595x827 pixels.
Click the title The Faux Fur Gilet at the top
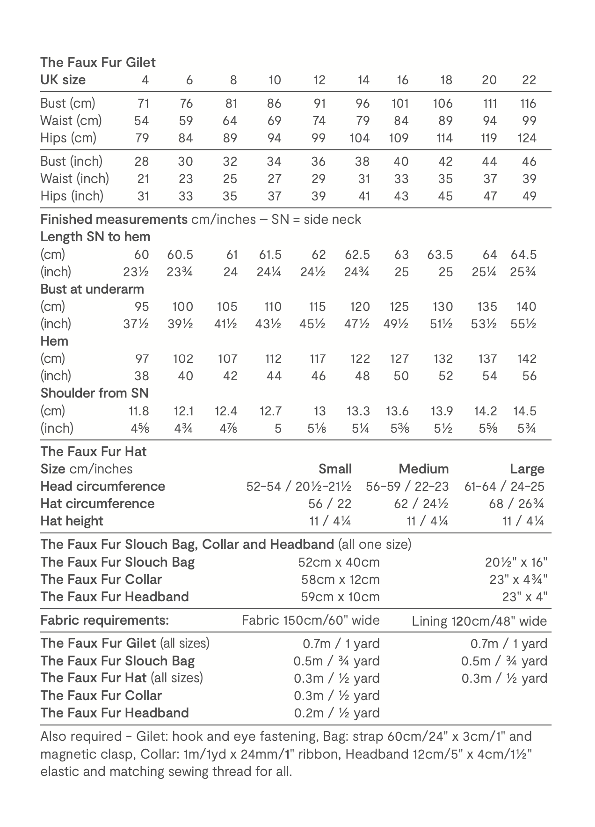coord(98,62)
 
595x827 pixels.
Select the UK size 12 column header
coord(319,80)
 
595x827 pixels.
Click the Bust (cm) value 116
coord(529,103)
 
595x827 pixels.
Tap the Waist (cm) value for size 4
coord(141,121)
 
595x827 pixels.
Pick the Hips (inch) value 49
coord(529,196)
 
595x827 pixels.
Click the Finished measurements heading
coord(114,219)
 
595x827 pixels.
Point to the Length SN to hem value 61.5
coord(270,255)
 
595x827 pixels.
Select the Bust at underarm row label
coord(92,289)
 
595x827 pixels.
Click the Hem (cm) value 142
coord(527,359)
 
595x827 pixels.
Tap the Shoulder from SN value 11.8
coord(139,411)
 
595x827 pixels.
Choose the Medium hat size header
coord(423,469)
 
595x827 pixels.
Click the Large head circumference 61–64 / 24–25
coord(504,487)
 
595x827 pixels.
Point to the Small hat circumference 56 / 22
coord(330,504)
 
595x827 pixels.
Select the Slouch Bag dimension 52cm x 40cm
coord(339,562)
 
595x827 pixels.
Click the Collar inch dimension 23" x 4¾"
coord(518,580)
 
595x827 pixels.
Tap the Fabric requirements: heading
coord(104,620)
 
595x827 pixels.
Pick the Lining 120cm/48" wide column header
coord(479,621)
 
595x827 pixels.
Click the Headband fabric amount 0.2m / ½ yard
coord(337,713)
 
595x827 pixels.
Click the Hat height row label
coord(72,521)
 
